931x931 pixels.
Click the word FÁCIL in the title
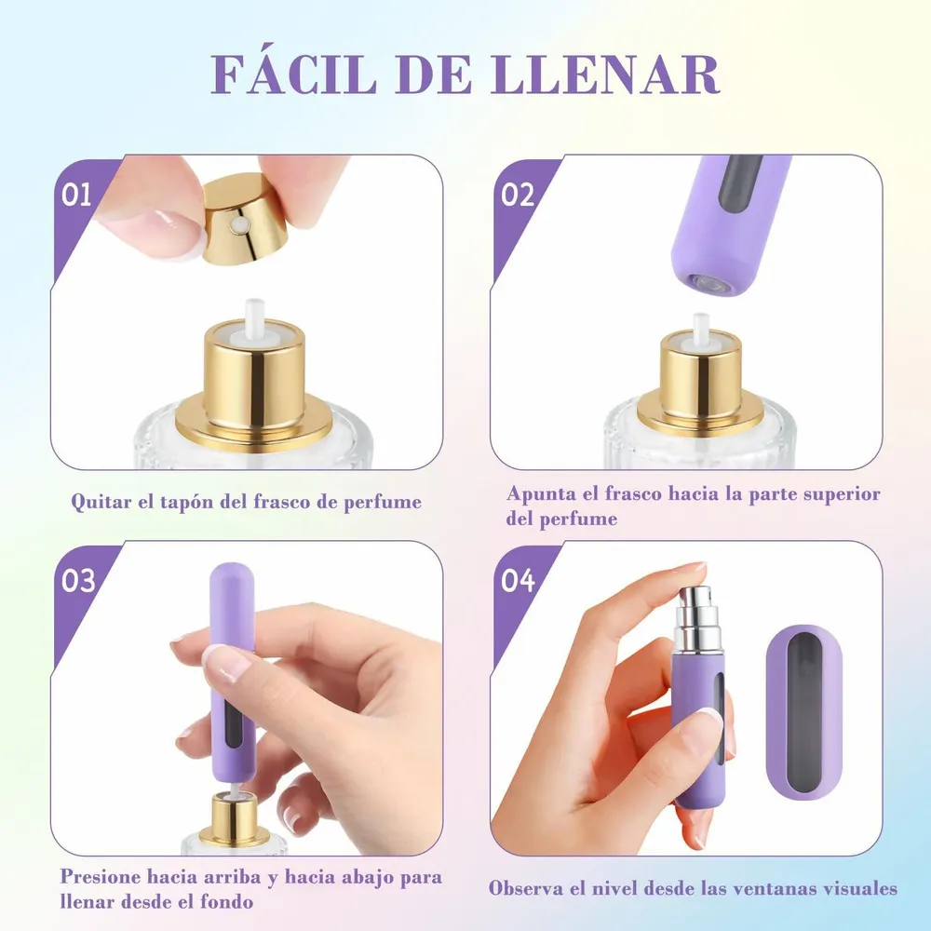pos(294,74)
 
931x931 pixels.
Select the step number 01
pos(76,195)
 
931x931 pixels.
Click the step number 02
pos(518,195)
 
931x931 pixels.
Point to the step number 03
pos(78,580)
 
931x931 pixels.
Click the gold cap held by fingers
pos(245,220)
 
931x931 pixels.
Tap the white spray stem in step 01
pos(255,317)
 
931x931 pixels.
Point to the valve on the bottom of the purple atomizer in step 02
pos(707,283)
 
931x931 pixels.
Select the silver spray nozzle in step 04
pos(698,617)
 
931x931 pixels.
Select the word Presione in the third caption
pos(100,877)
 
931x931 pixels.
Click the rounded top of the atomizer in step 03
pos(232,576)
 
